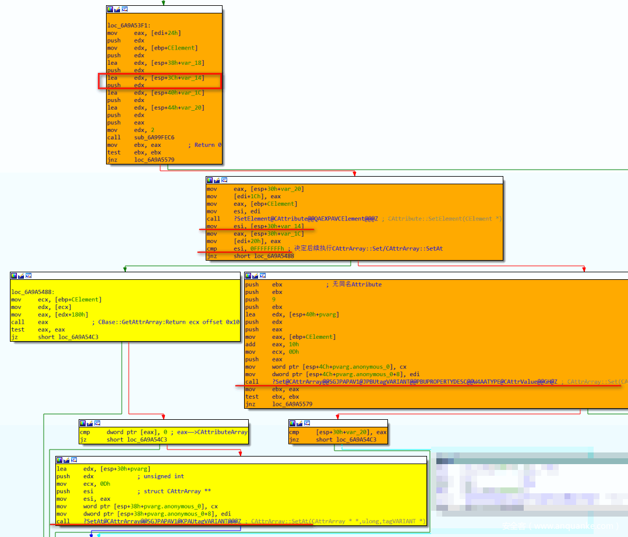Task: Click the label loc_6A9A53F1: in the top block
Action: (128, 25)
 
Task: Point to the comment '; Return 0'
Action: (204, 145)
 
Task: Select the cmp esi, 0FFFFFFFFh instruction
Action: (245, 248)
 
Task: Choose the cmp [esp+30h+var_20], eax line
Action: (338, 432)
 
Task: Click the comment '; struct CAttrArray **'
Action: (169, 492)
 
